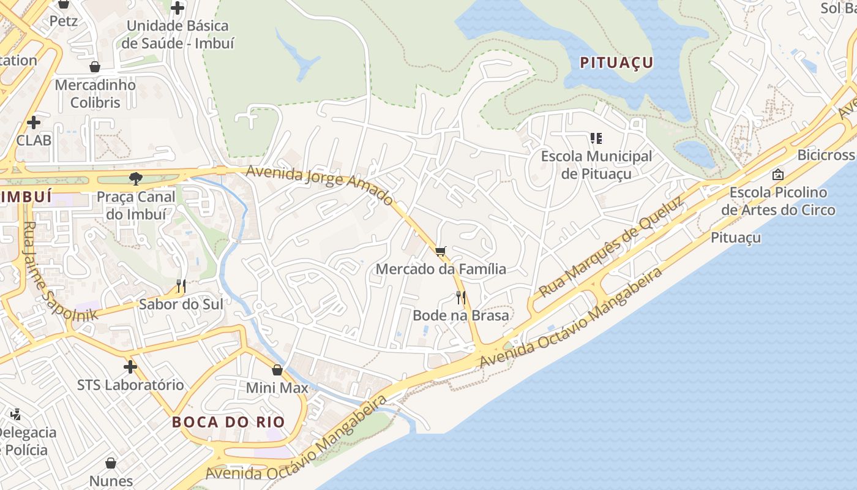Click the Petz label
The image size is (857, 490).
pos(64,21)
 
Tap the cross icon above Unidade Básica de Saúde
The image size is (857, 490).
pos(178,8)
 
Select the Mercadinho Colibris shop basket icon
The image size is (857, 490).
pos(95,67)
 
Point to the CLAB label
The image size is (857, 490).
pos(34,140)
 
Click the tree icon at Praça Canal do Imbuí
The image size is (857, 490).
pos(135,179)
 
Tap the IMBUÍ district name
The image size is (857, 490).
pos(26,197)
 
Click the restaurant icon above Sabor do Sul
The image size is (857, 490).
pos(181,285)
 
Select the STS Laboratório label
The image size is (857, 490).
pos(130,385)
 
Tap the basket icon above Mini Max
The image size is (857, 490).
pos(277,370)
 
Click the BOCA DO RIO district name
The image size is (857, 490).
pos(228,422)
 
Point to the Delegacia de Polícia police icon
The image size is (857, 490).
pos(15,414)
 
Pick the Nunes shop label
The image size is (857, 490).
pos(111,480)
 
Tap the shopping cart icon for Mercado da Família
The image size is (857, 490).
pos(441,251)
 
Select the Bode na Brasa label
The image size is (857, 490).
pos(461,315)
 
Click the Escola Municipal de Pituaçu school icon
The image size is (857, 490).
pos(596,138)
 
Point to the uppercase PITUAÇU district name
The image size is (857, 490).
pos(616,62)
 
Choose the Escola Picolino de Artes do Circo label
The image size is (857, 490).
pos(778,201)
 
